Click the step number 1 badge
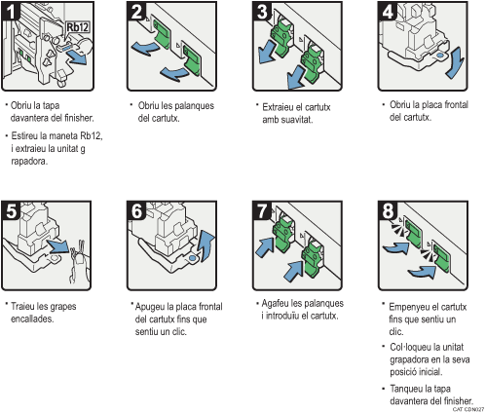point(11,11)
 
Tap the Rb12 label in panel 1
point(77,27)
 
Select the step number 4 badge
point(388,11)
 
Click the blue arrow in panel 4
point(455,62)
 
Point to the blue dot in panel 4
point(440,56)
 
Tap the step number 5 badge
point(11,210)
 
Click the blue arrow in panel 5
point(58,246)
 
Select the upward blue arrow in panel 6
point(207,245)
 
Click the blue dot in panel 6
point(192,258)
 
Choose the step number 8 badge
point(388,210)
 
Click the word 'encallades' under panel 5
point(32,319)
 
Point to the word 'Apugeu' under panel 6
point(150,307)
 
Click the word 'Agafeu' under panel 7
point(276,304)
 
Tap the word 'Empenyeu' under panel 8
point(409,307)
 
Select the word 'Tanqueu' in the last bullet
point(406,389)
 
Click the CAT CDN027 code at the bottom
point(468,409)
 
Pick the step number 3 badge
point(262,11)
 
